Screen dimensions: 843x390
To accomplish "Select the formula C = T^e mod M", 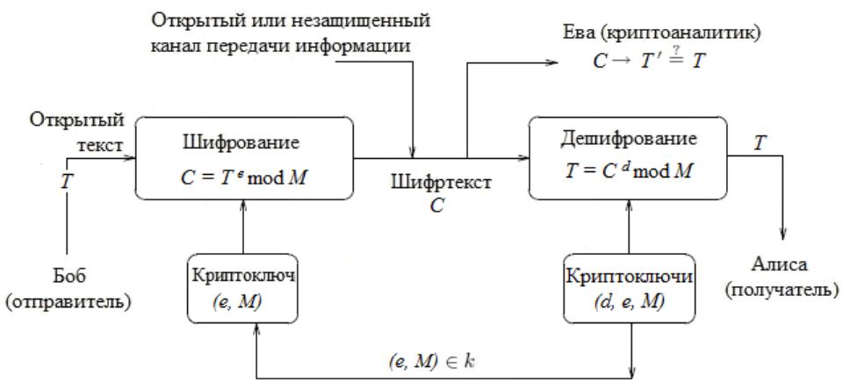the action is coord(244,177).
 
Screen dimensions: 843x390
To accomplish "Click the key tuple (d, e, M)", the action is coord(628,302).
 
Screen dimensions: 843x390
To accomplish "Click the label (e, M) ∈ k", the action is coord(431,361).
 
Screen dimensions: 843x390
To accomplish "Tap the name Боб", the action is coord(68,277).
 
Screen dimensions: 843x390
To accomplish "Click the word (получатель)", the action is coord(782,290).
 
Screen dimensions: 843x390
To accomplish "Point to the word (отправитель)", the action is coord(68,302).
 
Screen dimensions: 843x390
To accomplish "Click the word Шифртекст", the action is coord(441,183).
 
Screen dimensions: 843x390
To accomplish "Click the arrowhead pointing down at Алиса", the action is coord(782,235).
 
